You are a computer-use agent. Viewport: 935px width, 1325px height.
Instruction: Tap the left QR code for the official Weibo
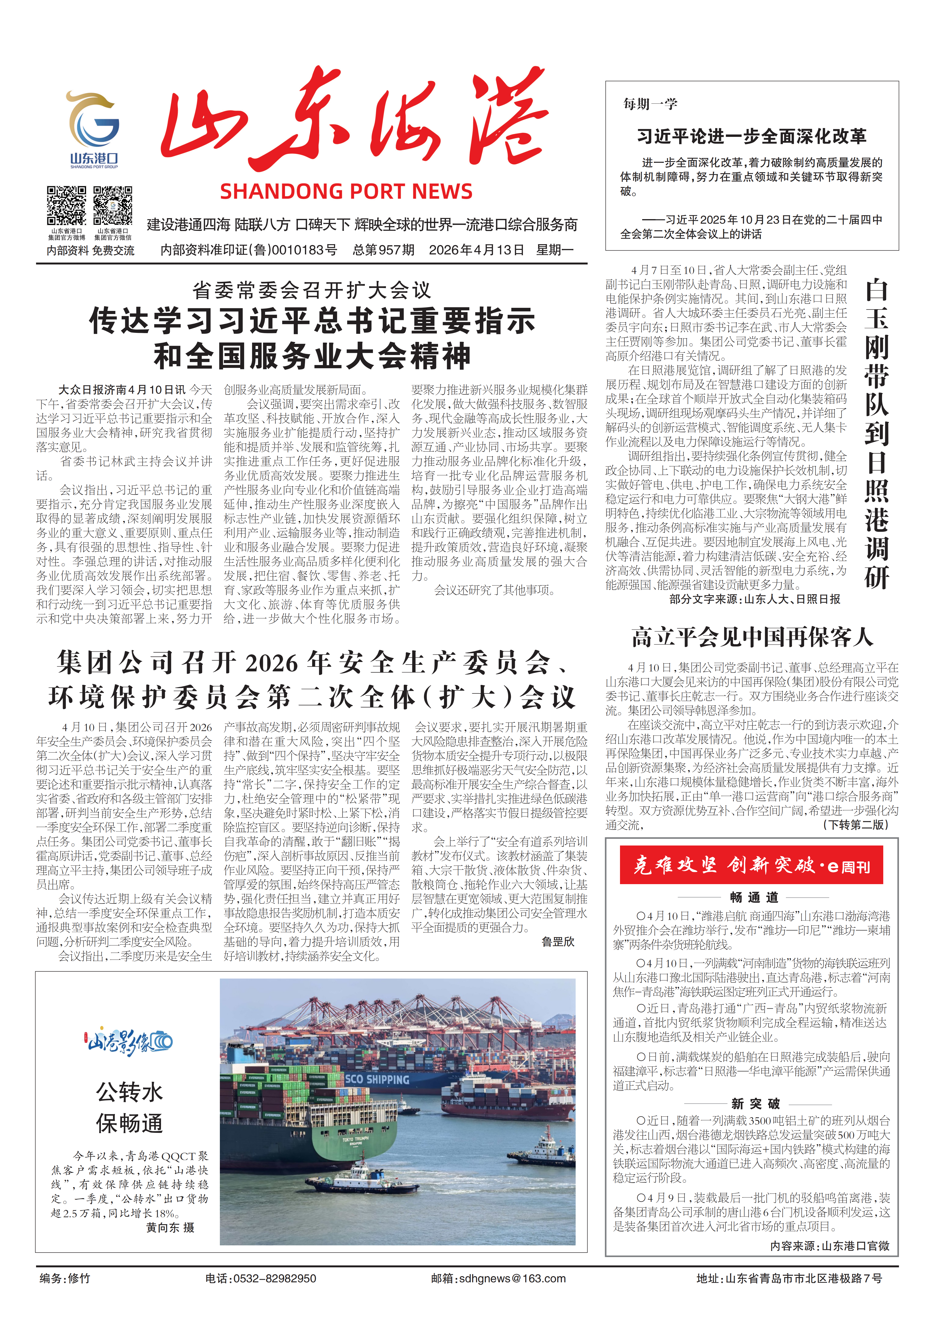[x=66, y=206]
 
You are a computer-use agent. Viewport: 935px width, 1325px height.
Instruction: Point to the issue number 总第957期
[x=384, y=250]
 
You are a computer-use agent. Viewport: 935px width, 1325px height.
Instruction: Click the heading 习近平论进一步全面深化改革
[x=751, y=137]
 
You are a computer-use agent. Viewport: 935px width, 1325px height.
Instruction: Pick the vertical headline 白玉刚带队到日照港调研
[x=876, y=433]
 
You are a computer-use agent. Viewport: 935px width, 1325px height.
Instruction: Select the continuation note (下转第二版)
[x=856, y=825]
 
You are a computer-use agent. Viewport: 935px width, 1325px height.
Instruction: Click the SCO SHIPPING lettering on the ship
[x=377, y=1079]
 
